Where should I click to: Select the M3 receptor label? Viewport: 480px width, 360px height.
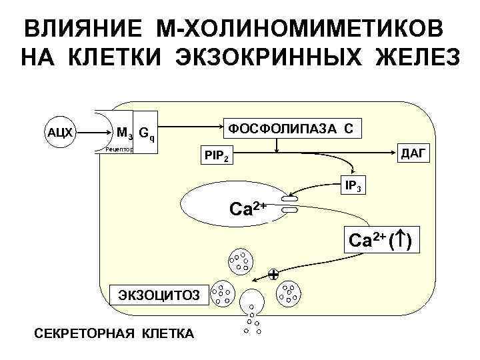[124, 133]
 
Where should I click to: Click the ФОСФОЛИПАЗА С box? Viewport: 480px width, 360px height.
[291, 127]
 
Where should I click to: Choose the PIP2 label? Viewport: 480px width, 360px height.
[218, 157]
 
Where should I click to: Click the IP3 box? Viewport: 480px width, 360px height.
[353, 186]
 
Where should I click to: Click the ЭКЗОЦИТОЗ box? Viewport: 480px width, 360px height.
[158, 292]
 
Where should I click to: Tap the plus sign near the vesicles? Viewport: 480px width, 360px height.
[273, 274]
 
